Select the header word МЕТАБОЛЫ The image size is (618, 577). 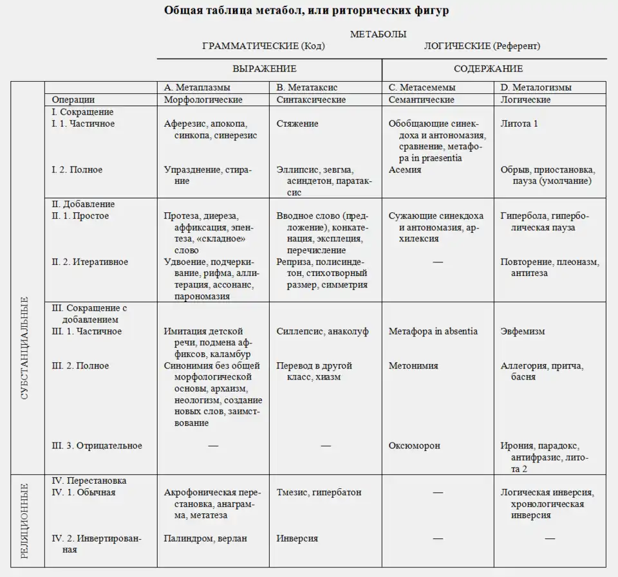point(378,34)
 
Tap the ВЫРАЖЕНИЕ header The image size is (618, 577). point(264,69)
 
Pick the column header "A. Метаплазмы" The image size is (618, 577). point(197,87)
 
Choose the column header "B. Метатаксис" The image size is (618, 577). point(306,87)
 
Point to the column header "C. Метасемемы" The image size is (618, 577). point(422,87)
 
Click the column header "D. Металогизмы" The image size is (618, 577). point(536,87)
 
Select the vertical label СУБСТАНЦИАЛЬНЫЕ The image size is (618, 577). point(25,347)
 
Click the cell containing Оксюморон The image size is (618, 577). point(415,445)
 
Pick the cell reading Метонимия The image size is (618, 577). point(413,365)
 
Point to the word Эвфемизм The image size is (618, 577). point(523,331)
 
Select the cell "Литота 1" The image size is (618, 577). point(519,124)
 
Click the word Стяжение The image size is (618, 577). point(297,124)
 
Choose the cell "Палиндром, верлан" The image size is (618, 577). point(205,538)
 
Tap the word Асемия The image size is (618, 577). point(405,170)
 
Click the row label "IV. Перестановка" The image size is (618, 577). point(89,481)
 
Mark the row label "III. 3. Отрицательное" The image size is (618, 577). point(97,445)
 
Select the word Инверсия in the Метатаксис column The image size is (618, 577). point(297,538)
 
